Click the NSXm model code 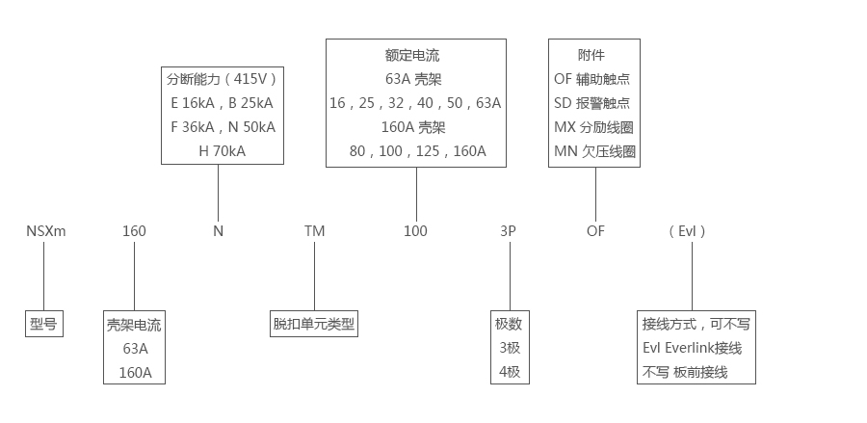pos(45,231)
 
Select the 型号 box pos(44,324)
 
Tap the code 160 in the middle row pos(134,231)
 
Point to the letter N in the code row pos(218,231)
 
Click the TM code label pos(314,231)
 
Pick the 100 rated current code pos(415,231)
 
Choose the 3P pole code pos(507,231)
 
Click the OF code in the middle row pos(595,231)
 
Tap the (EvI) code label pos(687,231)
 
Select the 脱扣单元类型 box pos(314,324)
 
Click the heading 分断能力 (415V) pos(222,79)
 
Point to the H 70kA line pos(222,150)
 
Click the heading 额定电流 pos(415,55)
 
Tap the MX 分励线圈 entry pos(594,127)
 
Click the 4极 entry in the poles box pos(508,371)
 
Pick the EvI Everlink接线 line pos(691,348)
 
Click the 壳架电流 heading pos(134,326)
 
